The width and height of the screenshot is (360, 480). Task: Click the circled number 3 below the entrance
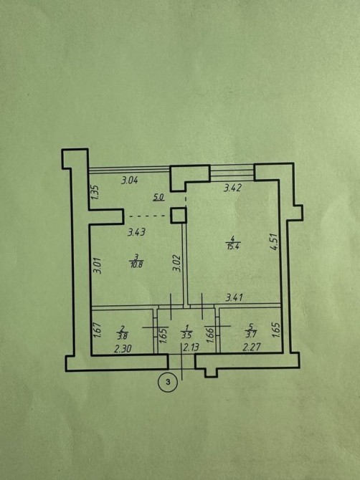[x=168, y=382]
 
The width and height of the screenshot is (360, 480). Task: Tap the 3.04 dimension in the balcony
[x=130, y=181]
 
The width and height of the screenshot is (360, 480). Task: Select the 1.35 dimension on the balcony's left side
[x=95, y=192]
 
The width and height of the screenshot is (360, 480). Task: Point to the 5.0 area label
[x=158, y=198]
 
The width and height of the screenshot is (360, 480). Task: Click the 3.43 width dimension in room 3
[x=136, y=232]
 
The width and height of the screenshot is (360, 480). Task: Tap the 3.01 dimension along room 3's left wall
[x=98, y=265]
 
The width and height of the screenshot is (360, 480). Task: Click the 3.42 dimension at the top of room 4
[x=232, y=188]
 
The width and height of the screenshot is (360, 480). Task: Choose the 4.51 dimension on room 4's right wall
[x=274, y=242]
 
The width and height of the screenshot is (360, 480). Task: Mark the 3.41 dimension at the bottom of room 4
[x=234, y=297]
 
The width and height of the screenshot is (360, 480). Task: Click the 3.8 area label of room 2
[x=122, y=335]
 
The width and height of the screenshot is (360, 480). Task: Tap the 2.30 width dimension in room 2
[x=123, y=348]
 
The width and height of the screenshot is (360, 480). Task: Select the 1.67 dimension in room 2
[x=98, y=330]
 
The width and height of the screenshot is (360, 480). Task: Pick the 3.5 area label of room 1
[x=186, y=335]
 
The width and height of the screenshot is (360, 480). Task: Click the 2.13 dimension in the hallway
[x=191, y=347]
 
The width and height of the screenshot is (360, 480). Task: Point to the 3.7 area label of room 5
[x=250, y=335]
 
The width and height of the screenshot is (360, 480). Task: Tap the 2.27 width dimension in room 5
[x=252, y=347]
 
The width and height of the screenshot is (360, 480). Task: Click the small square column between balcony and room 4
[x=179, y=215]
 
